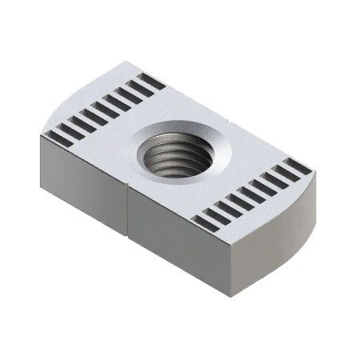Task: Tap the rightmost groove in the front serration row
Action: click(296, 167)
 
